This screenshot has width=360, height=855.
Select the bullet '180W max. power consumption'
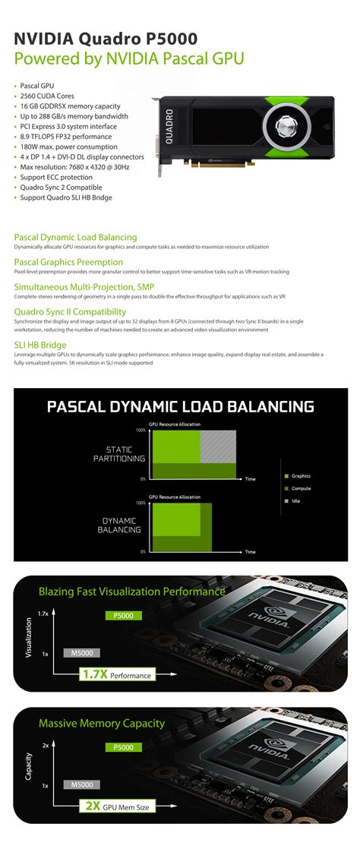(65, 147)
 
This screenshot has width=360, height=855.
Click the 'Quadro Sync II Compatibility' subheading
(70, 311)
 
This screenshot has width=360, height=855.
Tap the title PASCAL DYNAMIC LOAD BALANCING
(180, 406)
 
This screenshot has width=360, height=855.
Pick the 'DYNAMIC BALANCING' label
(120, 525)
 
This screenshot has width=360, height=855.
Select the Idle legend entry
(296, 501)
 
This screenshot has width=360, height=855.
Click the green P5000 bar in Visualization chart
(123, 616)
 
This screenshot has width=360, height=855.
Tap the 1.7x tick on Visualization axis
(43, 614)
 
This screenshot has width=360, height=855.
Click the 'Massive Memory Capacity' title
(101, 724)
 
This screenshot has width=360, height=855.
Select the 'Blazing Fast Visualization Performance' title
(131, 591)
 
